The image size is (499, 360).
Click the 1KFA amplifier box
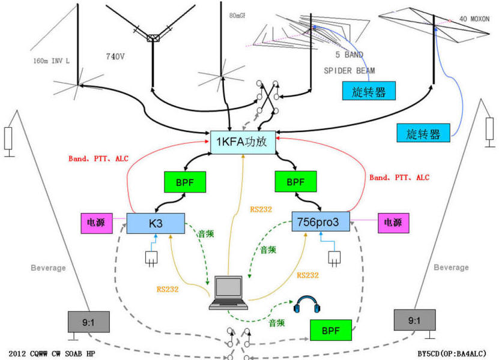click(x=242, y=141)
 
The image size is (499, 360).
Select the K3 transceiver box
click(x=154, y=223)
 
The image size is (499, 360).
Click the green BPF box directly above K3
click(x=185, y=181)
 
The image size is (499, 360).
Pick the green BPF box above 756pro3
click(x=294, y=181)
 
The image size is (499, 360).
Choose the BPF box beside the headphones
click(x=331, y=331)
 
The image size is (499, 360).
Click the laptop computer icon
click(x=228, y=293)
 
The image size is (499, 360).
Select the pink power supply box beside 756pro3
click(x=393, y=223)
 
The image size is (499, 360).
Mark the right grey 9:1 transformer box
click(x=414, y=320)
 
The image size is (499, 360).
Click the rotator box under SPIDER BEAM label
click(x=369, y=91)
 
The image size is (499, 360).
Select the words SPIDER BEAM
click(x=349, y=70)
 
